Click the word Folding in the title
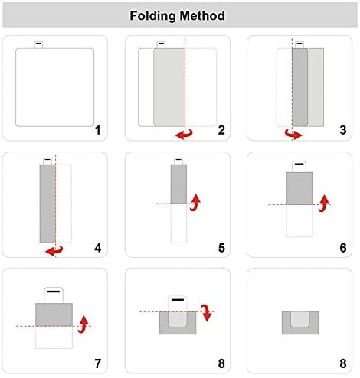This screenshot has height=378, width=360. [x=153, y=16]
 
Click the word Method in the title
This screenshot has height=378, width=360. [x=202, y=15]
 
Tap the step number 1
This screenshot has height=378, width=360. [x=97, y=130]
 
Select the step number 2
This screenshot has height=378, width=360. [x=221, y=130]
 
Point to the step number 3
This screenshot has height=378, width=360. [x=343, y=130]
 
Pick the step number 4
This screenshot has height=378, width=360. [x=98, y=248]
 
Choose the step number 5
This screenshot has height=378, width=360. [x=221, y=248]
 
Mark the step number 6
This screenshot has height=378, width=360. [x=343, y=248]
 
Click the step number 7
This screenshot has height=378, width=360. [x=98, y=363]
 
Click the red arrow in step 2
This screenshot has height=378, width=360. [x=185, y=135]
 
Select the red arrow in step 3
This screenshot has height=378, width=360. [x=293, y=134]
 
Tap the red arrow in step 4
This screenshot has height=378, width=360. [x=54, y=251]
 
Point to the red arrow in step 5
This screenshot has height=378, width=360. [x=195, y=203]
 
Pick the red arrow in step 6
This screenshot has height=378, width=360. [x=324, y=204]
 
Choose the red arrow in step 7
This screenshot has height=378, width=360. [x=83, y=324]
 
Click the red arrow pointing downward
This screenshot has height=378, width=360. [x=206, y=313]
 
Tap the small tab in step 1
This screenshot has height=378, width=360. [x=38, y=45]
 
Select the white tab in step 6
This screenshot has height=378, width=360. [x=299, y=167]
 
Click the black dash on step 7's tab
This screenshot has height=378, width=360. [x=54, y=292]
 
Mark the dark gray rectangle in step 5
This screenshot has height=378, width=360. [x=178, y=184]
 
